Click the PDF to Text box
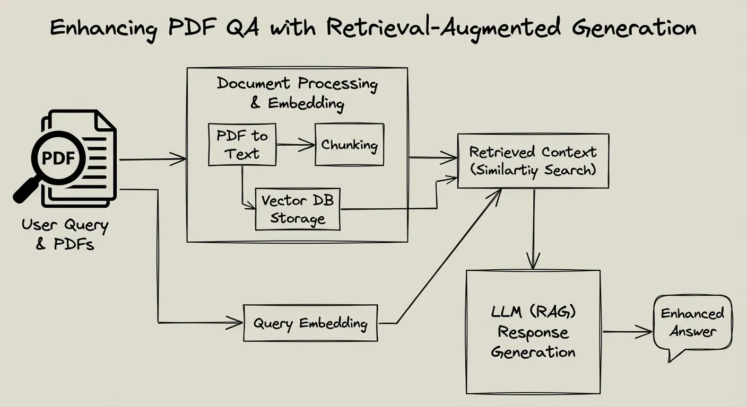click(x=242, y=145)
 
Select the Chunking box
click(x=349, y=144)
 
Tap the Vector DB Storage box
click(x=297, y=209)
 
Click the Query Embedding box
click(x=310, y=323)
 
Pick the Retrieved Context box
click(x=533, y=161)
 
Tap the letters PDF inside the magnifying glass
click(x=57, y=158)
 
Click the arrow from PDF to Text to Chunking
click(x=296, y=144)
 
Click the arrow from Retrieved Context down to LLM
click(x=533, y=228)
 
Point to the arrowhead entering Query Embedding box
click(x=236, y=321)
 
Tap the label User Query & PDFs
click(x=65, y=234)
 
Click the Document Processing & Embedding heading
click(x=297, y=93)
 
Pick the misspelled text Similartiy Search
click(x=533, y=170)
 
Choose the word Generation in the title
click(x=634, y=28)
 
